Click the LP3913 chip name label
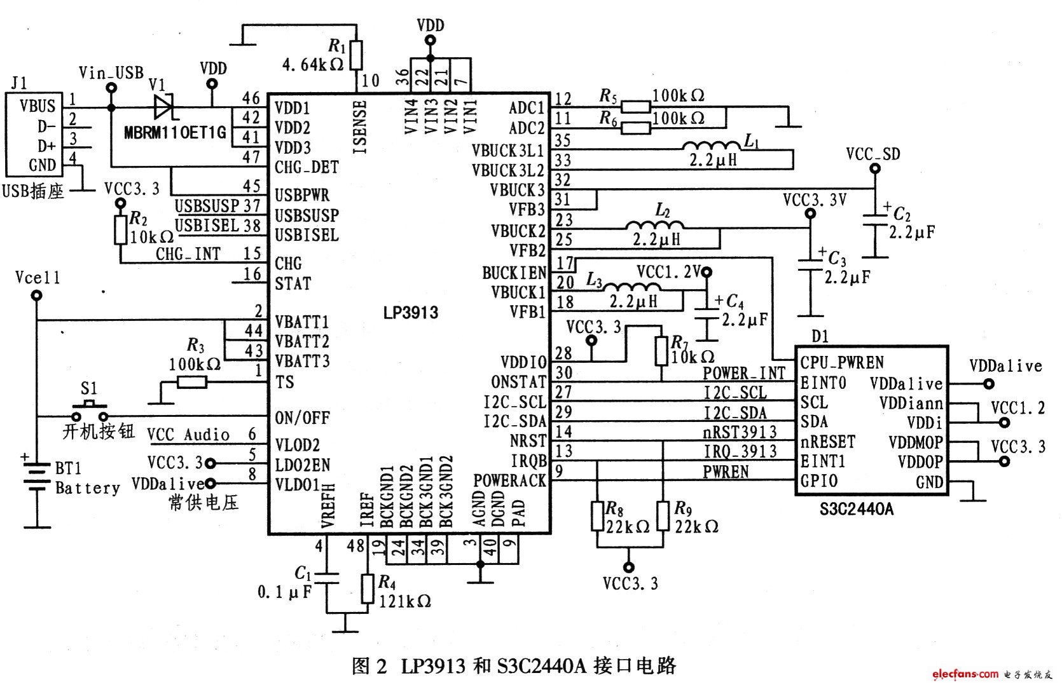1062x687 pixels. pos(410,313)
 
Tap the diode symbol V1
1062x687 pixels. pos(164,106)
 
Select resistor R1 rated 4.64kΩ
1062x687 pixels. pos(356,55)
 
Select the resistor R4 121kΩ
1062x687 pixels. pos(368,588)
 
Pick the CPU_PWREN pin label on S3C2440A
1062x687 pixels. pos(841,363)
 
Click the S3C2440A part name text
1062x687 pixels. pos(855,509)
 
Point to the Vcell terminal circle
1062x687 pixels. pos(37,295)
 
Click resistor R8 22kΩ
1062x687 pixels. pos(597,516)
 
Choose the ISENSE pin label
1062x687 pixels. pos(360,127)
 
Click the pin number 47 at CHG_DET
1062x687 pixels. pos(251,156)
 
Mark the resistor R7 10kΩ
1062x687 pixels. pos(661,351)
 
